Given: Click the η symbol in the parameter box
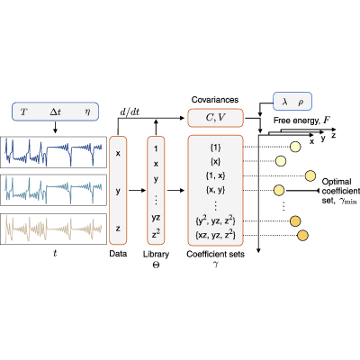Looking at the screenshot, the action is tap(87, 112).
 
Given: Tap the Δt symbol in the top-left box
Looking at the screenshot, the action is tap(55, 112).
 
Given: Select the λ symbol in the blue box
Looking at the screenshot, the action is tap(284, 102).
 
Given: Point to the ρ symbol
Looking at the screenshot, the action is tap(301, 103).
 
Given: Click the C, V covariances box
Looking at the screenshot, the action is tap(215, 118).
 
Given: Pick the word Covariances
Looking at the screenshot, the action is tap(215, 100).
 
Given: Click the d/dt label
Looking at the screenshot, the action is tap(130, 112).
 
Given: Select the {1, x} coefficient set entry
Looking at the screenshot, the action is tap(215, 175).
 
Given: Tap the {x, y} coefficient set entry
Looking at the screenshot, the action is tap(215, 190).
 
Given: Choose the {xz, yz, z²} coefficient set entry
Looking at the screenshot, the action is tap(215, 235).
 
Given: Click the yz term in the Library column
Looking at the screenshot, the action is tap(156, 218).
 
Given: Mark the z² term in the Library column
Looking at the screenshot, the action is tap(156, 234).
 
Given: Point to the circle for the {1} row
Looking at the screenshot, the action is tap(295, 147).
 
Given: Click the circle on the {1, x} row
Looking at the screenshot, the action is tap(310, 175).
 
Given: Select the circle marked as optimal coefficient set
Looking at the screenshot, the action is tap(279, 190).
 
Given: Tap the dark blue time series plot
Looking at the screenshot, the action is tap(53, 152).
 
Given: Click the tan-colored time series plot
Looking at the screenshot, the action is tap(53, 229).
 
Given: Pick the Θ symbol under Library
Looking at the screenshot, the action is tap(156, 265).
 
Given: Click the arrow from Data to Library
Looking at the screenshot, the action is tap(137, 190).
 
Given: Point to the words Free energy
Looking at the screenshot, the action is tap(296, 121).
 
